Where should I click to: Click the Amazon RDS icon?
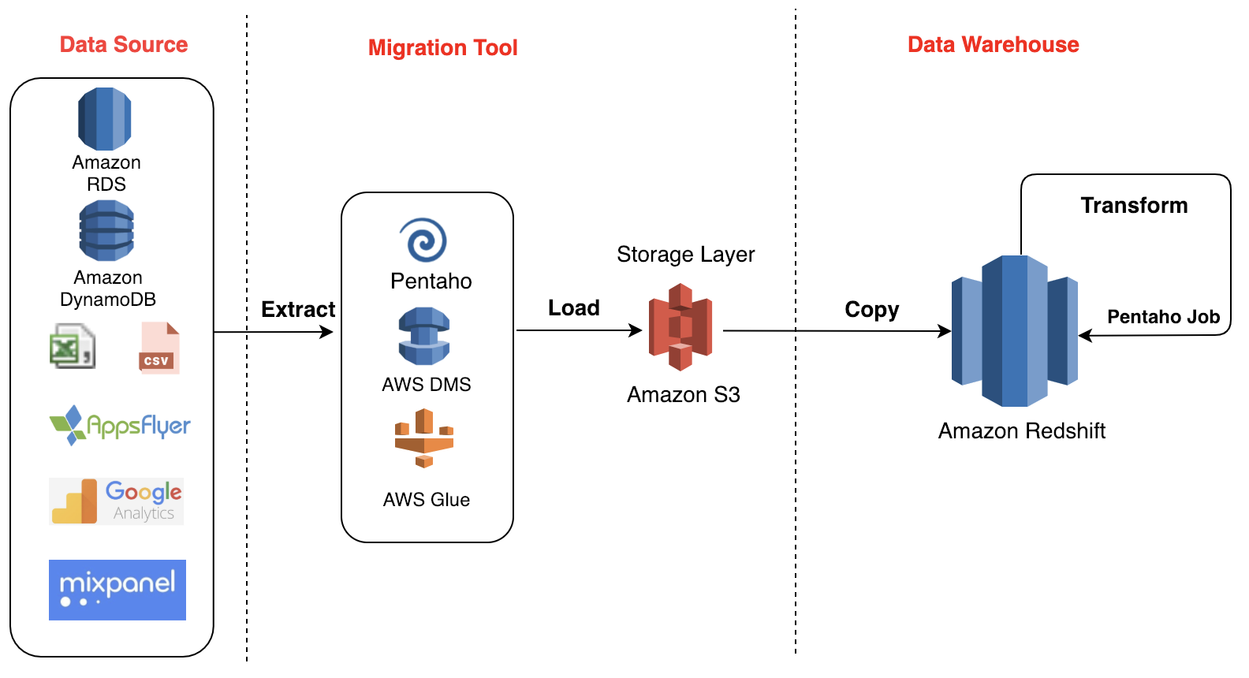105,119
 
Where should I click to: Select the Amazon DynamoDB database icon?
106,230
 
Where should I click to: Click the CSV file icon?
159,348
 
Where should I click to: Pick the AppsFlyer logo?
120,426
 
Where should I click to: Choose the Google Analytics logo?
117,501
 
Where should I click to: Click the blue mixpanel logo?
117,590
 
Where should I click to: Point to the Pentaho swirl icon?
423,240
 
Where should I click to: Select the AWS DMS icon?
424,337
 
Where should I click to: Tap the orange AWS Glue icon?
424,438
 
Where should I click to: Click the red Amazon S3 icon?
680,327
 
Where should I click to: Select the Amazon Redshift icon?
1014,331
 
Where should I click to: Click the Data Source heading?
124,44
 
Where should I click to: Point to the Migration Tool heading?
442,47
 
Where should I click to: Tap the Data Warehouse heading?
993,44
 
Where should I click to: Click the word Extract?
298,309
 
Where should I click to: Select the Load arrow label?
573,307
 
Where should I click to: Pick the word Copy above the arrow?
871,309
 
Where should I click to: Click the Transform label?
1133,205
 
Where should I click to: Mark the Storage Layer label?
685,254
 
